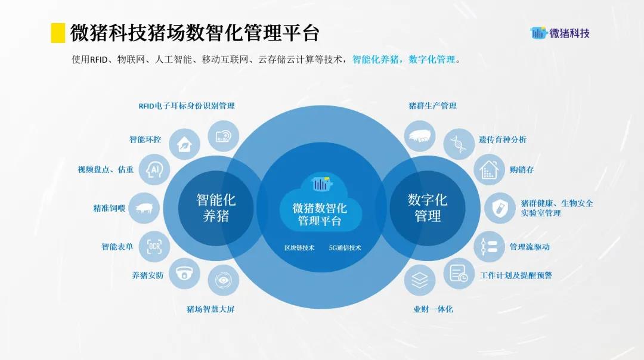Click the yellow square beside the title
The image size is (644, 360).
coord(58,33)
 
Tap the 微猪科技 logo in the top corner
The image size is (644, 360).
coord(560,33)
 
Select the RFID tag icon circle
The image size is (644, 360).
coord(223,136)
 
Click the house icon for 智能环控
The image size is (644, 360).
coord(184,144)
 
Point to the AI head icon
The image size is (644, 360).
coord(154,169)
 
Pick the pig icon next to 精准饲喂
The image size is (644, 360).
coord(144,208)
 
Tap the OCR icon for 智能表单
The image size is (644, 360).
coord(154,247)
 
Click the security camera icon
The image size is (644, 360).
coord(184,273)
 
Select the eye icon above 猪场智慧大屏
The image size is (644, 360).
coord(223,280)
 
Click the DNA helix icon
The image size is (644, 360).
coord(459,144)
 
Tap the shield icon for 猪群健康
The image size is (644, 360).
coord(500,208)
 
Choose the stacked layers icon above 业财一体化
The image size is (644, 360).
coord(419,280)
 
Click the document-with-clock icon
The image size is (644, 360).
coord(459,273)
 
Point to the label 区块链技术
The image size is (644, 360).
coord(299,248)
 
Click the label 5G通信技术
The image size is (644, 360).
coord(345,248)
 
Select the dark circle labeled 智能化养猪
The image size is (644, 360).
coord(216,208)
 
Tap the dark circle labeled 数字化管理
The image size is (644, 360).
coord(428,208)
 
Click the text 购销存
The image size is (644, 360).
coord(522,169)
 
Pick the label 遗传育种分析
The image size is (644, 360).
coord(502,139)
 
